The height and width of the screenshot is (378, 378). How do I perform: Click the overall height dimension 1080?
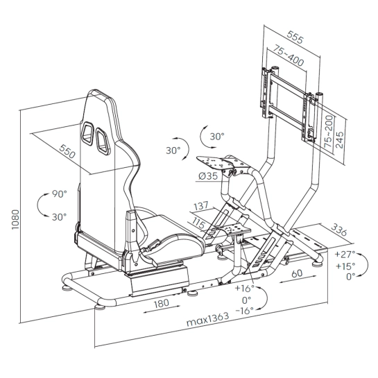pyautogui.click(x=15, y=219)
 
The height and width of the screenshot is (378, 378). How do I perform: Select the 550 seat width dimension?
pyautogui.click(x=67, y=151)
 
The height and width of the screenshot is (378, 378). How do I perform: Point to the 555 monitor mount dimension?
pyautogui.click(x=295, y=37)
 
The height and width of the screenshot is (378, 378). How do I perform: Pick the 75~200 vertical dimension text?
pyautogui.click(x=328, y=132)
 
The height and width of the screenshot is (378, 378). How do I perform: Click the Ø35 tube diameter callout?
pyautogui.click(x=208, y=176)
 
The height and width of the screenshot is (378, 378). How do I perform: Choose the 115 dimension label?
pyautogui.click(x=199, y=223)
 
